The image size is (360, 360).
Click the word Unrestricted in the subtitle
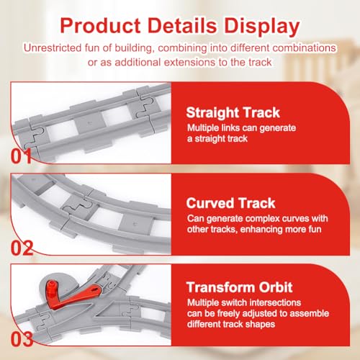pos(53,48)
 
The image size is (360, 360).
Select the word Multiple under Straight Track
pos(203,127)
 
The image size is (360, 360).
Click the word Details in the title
pos(176,27)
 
